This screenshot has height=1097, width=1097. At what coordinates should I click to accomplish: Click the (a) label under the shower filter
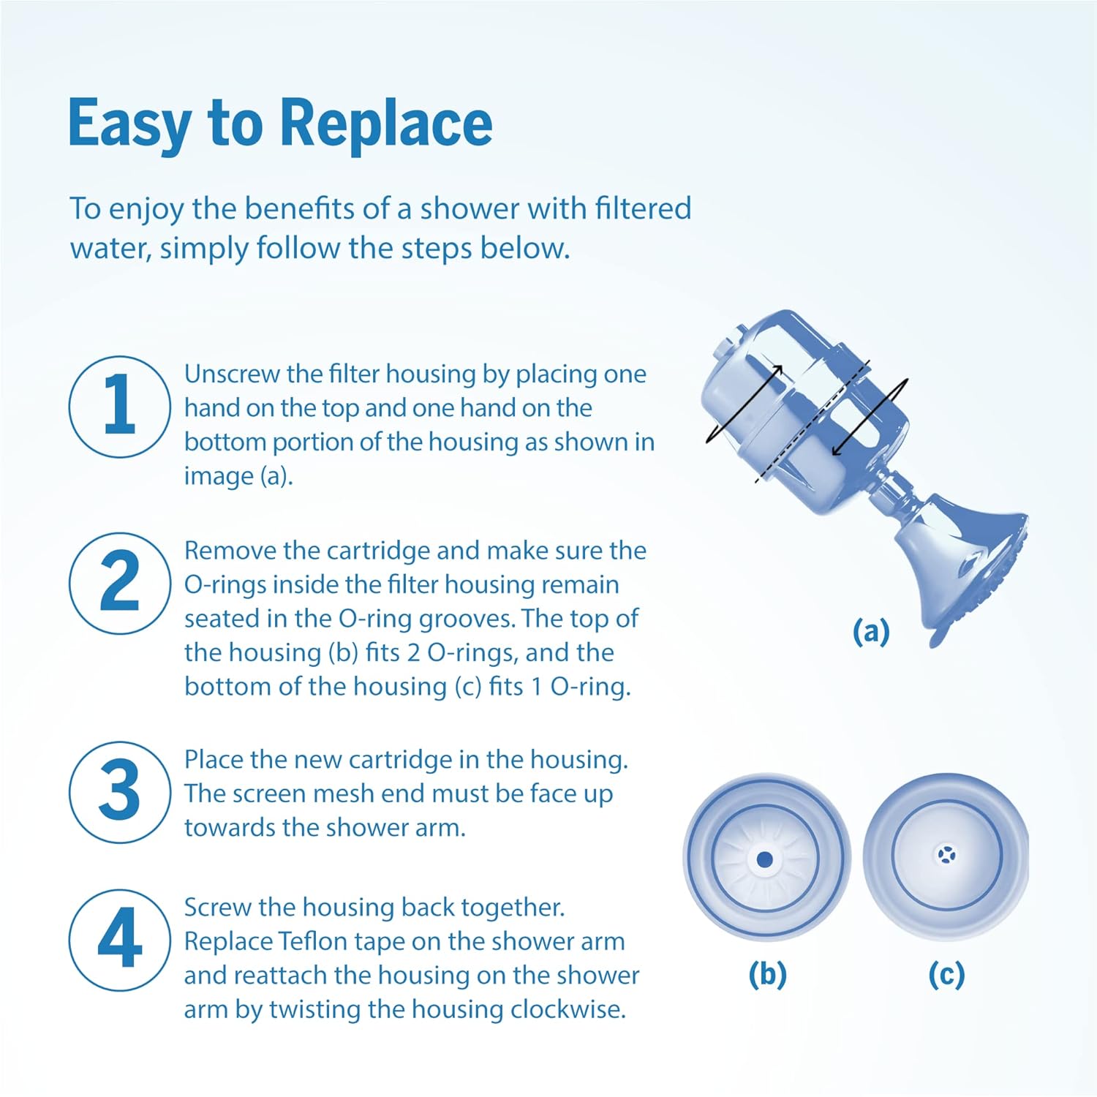tap(871, 630)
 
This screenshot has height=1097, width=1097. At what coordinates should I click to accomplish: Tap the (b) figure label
tap(767, 974)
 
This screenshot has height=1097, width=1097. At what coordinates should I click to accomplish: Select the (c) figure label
tap(946, 974)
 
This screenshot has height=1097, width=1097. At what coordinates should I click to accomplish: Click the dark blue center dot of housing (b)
tap(765, 859)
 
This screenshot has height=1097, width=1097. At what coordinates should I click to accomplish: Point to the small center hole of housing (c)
tap(946, 853)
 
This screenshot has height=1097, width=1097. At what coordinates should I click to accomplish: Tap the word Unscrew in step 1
tap(233, 374)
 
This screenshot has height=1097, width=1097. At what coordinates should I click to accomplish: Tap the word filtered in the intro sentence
tap(643, 208)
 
